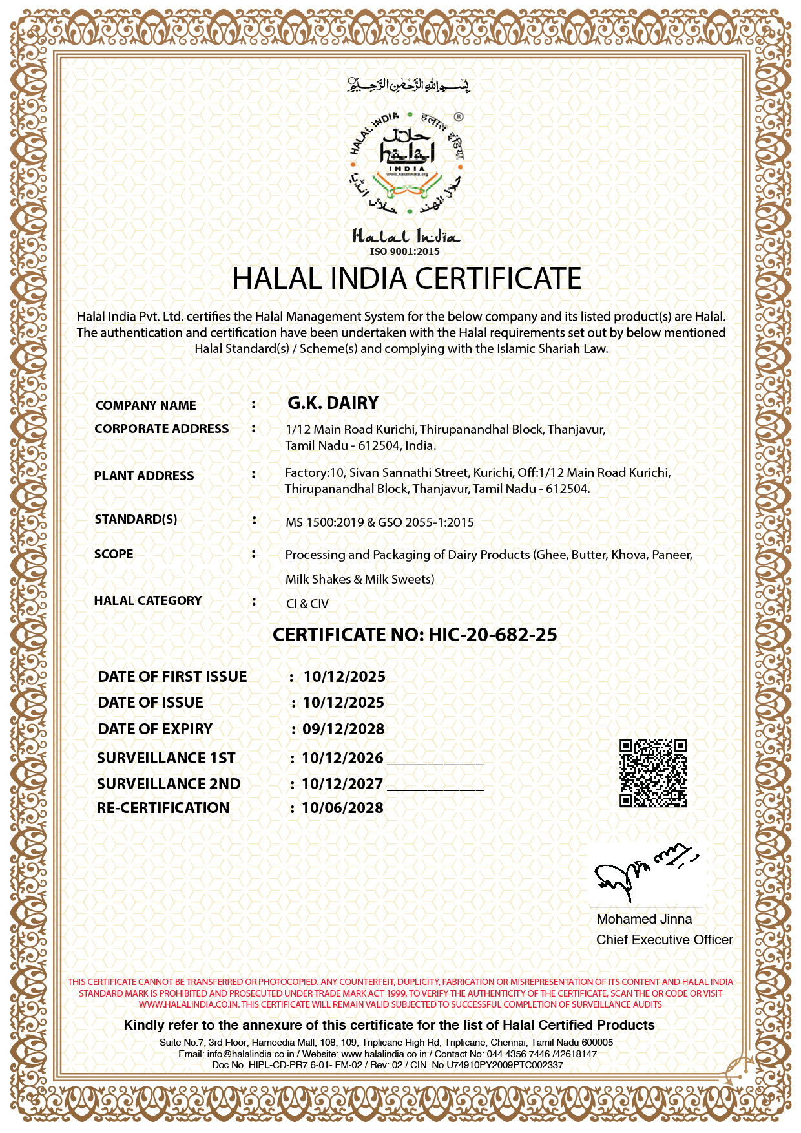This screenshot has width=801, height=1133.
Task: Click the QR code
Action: click(x=652, y=773)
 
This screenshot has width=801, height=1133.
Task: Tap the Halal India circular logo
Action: click(x=406, y=163)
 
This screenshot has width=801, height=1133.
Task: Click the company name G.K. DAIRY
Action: click(x=333, y=403)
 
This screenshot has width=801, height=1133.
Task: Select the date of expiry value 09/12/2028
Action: click(x=344, y=729)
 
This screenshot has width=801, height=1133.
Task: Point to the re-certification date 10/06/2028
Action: click(x=342, y=808)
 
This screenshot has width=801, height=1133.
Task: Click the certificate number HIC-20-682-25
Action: click(x=492, y=635)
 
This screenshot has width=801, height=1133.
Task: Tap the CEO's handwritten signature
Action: click(x=643, y=873)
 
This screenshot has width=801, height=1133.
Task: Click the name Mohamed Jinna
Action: click(x=644, y=919)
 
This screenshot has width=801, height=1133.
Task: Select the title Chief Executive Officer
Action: click(x=664, y=940)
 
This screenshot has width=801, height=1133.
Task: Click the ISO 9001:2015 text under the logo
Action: click(x=404, y=251)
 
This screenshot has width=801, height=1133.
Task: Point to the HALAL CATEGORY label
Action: click(x=148, y=600)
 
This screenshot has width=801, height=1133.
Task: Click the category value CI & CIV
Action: click(x=307, y=604)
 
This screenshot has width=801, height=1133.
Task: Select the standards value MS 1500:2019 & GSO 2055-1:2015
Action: click(x=380, y=522)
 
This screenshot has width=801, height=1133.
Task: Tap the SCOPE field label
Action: click(x=114, y=554)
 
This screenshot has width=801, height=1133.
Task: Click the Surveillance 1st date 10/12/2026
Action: click(x=342, y=758)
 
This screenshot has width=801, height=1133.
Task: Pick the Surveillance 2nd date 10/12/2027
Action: click(x=342, y=784)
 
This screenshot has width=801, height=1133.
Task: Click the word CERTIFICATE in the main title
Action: click(x=498, y=279)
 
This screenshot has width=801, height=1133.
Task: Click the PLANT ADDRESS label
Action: click(x=144, y=476)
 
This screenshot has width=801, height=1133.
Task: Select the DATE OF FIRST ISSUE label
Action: click(x=172, y=677)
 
